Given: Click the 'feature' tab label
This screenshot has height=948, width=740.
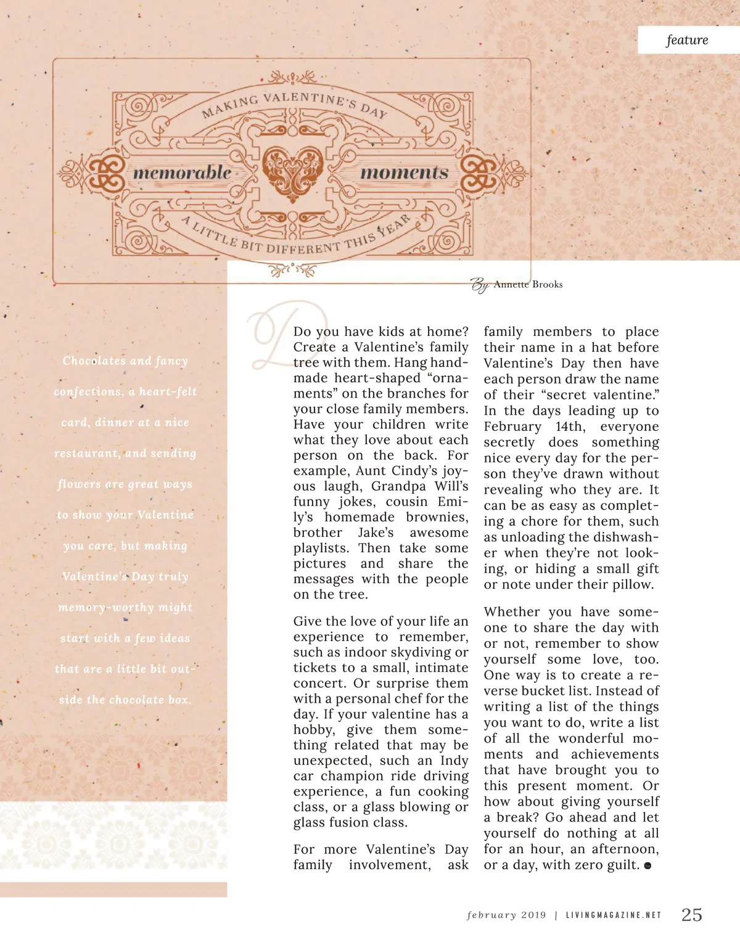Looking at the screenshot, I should [x=687, y=40].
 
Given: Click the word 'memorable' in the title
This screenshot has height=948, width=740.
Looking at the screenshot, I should [x=183, y=173].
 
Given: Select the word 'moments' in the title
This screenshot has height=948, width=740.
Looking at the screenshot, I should [x=404, y=173].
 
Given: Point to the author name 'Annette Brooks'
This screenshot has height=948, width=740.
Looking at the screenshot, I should [x=528, y=284].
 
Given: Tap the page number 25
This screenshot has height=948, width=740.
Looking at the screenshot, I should [x=691, y=915].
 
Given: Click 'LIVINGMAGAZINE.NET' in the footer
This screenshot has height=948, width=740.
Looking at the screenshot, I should [x=613, y=915].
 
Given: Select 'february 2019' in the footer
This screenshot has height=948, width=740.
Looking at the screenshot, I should [x=506, y=915].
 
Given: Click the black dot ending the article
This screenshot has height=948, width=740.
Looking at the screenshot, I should [x=647, y=865].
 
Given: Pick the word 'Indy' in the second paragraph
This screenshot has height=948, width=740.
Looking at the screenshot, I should [x=454, y=761].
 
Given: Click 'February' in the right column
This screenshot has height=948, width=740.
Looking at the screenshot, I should [x=512, y=427].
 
